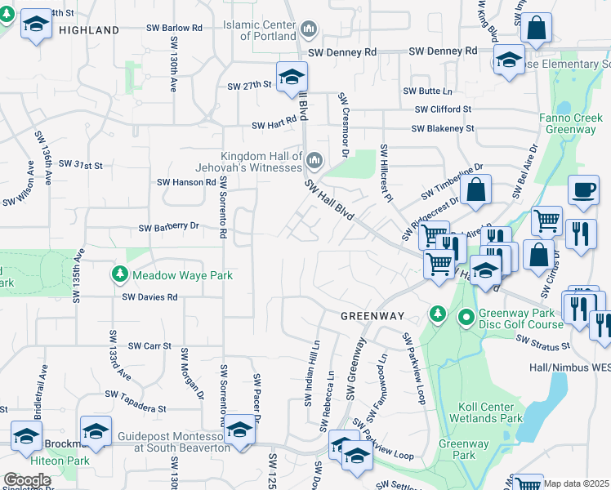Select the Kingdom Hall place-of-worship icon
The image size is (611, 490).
point(314,158)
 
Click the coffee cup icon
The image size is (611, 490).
point(582,189)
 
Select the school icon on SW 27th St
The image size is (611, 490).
point(290,77)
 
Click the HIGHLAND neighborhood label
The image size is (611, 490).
point(89,30)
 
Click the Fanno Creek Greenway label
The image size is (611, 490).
point(571,123)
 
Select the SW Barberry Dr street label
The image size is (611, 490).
point(169,227)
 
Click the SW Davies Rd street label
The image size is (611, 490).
point(150,297)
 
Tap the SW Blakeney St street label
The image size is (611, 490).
point(443,129)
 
